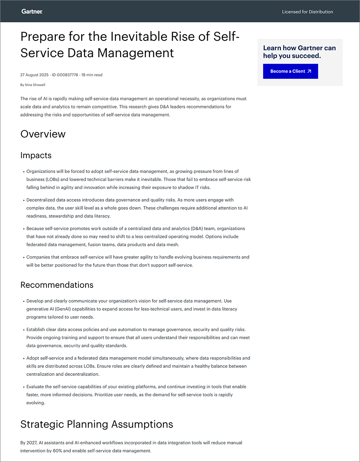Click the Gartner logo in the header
pos(32,12)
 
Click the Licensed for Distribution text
pos(307,12)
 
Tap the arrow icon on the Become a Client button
pos(309,71)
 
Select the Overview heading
pos(43,134)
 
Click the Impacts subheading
pos(36,155)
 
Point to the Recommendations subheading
pos(57,285)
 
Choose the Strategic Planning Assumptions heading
pos(97,424)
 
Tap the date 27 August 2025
pos(35,75)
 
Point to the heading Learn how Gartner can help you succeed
pos(299,52)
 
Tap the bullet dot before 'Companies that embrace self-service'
pos(24,257)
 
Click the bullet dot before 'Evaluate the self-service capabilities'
pos(24,387)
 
